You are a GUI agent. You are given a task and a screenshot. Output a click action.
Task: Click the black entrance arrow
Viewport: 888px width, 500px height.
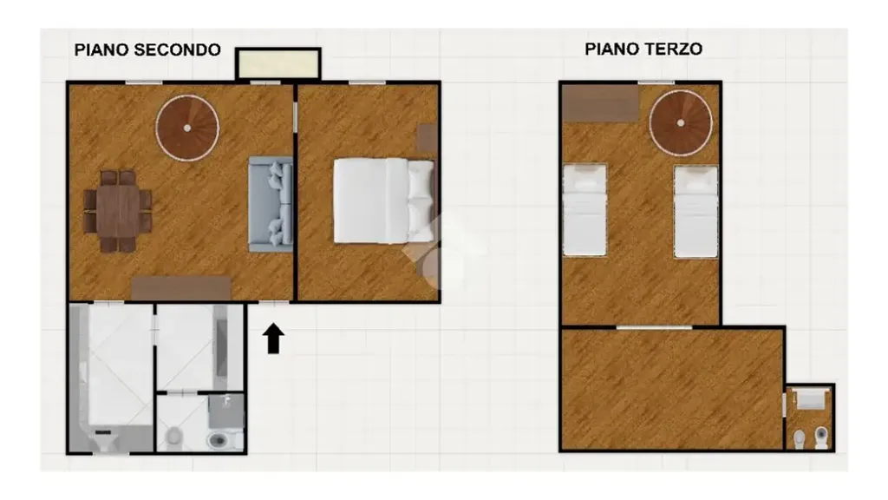pos(273,339)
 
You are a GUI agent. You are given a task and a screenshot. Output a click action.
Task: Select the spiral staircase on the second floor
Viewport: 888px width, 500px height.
pos(187,128)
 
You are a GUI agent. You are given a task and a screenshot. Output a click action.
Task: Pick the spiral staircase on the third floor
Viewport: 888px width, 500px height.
pos(681,123)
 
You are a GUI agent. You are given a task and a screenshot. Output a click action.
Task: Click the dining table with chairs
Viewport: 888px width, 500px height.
pos(118,211)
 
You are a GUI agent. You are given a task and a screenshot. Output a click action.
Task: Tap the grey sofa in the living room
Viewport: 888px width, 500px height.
pos(271,204)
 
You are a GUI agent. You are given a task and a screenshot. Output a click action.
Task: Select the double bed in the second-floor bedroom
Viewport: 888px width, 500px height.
pos(384,201)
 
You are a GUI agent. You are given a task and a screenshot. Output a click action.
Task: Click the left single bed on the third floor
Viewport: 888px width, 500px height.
pos(585,210)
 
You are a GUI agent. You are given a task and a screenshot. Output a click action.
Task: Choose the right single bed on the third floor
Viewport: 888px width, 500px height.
pos(696,212)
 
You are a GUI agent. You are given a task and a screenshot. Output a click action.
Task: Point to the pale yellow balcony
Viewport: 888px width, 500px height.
pos(278,64)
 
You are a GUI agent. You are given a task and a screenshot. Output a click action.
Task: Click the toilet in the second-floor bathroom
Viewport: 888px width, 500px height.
pos(218,439)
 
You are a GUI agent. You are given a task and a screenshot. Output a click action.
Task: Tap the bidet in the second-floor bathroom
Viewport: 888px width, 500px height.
pos(174,437)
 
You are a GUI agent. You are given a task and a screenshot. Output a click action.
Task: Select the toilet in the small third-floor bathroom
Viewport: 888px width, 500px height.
pos(821,437)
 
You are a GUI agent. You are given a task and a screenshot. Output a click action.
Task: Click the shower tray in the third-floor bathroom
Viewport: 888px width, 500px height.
pos(810,399)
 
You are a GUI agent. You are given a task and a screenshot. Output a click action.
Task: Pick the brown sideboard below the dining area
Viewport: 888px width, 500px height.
pos(181,288)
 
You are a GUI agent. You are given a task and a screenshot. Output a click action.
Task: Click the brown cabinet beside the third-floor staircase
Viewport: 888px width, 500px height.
pos(600,102)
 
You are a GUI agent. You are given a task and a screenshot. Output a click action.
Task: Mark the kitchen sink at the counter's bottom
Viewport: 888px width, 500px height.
pos(104,439)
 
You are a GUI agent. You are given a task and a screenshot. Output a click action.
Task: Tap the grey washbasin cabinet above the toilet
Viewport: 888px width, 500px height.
pos(226,411)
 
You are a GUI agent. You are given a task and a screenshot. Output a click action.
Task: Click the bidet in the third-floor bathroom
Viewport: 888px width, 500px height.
pos(800,438)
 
